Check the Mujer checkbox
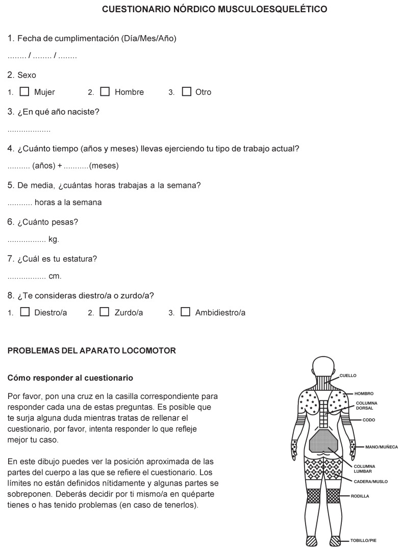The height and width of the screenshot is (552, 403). pyautogui.click(x=24, y=92)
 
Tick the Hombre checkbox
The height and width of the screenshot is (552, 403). pyautogui.click(x=105, y=92)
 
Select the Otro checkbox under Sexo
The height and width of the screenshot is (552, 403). pyautogui.click(x=186, y=92)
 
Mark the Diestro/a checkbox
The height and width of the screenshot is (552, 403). pyautogui.click(x=24, y=312)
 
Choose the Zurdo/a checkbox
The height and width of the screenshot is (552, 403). pyautogui.click(x=105, y=312)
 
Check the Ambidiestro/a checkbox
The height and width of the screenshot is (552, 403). pyautogui.click(x=186, y=312)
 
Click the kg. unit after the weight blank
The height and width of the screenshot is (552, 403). pyautogui.click(x=54, y=239)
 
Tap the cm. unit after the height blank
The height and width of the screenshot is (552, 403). pyautogui.click(x=55, y=276)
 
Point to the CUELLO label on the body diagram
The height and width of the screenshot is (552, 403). pyautogui.click(x=348, y=375)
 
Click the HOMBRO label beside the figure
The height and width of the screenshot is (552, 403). pyautogui.click(x=365, y=394)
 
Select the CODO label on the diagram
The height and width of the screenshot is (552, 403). pyautogui.click(x=369, y=420)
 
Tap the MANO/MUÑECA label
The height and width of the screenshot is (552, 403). pyautogui.click(x=381, y=447)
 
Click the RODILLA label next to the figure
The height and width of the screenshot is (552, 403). pyautogui.click(x=360, y=496)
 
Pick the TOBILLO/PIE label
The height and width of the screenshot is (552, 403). pyautogui.click(x=363, y=540)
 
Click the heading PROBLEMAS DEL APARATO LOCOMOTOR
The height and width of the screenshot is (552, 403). pyautogui.click(x=92, y=351)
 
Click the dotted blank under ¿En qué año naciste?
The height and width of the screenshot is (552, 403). pyautogui.click(x=29, y=130)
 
